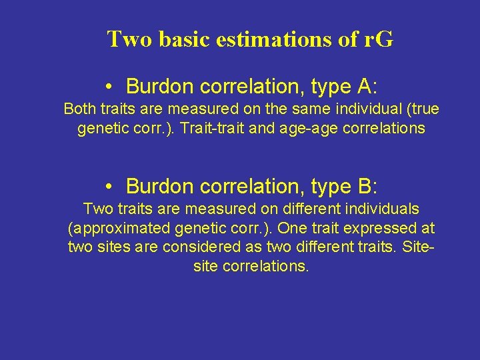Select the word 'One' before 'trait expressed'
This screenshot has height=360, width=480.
point(291,228)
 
